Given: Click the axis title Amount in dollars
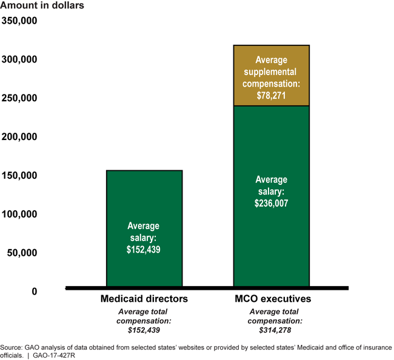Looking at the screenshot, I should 42,6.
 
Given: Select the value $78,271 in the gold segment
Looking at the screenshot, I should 271,95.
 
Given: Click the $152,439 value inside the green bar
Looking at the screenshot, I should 144,248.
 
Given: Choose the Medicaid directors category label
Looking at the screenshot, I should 144,299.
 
